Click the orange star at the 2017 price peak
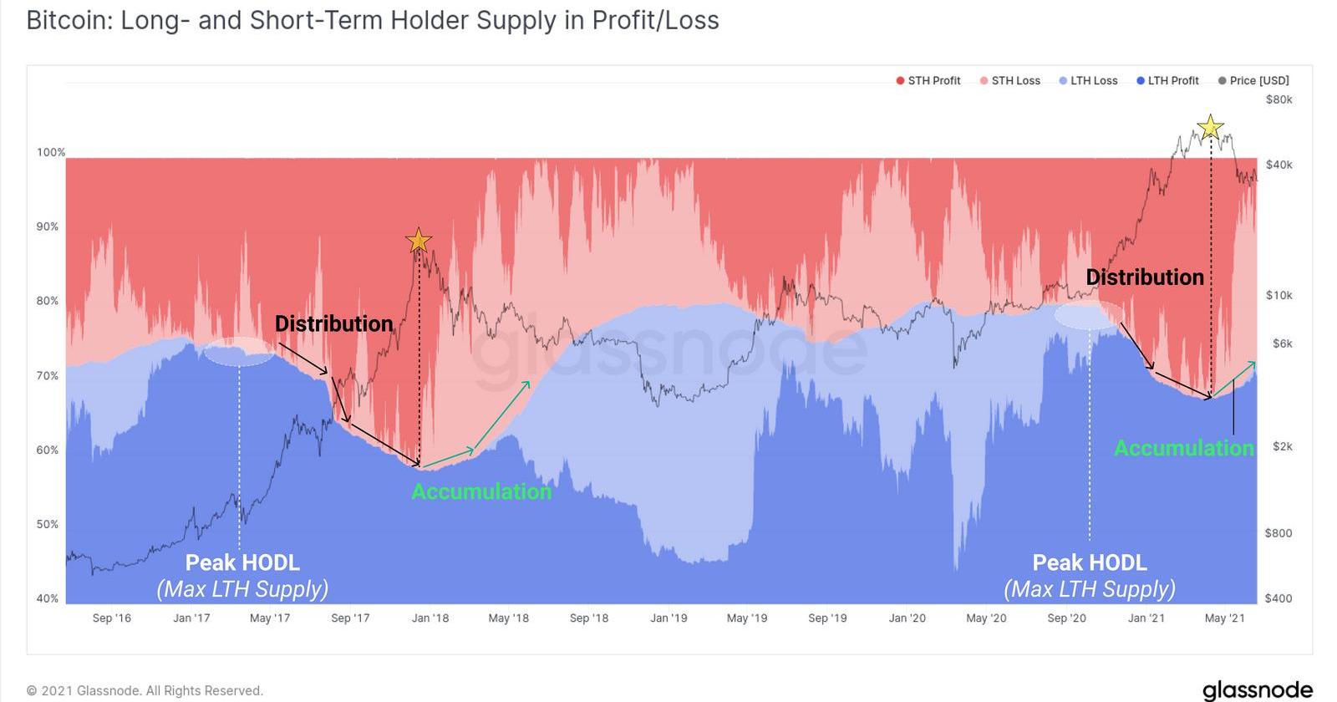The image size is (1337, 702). (x=419, y=242)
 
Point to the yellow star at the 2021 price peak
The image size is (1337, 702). (x=1210, y=128)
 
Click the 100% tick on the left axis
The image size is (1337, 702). (x=50, y=152)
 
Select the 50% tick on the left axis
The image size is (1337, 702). (x=48, y=524)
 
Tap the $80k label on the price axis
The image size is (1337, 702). (x=1279, y=99)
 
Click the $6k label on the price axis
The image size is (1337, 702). (x=1282, y=343)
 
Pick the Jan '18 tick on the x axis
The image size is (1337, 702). (x=430, y=618)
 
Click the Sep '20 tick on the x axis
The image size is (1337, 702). (x=1066, y=618)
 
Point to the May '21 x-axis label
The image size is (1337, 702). (x=1225, y=618)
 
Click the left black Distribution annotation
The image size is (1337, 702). (x=333, y=323)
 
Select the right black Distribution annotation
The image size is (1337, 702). (x=1145, y=277)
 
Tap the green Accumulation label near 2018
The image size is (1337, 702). (x=481, y=491)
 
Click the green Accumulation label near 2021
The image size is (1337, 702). (x=1184, y=448)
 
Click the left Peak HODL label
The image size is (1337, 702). (x=242, y=562)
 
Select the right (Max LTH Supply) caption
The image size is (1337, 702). (x=1090, y=589)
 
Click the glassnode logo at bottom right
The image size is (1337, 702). (x=1257, y=689)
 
